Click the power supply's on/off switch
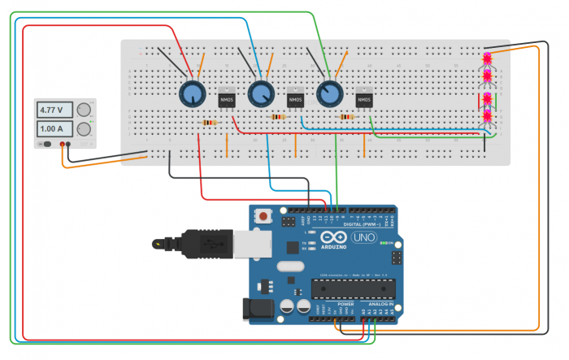47,145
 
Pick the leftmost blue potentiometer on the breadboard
190,95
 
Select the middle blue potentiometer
259,95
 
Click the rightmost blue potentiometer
328,95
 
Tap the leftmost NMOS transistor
227,98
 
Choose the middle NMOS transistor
296,98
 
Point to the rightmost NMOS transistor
363,98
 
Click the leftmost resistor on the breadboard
209,123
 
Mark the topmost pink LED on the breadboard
488,59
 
